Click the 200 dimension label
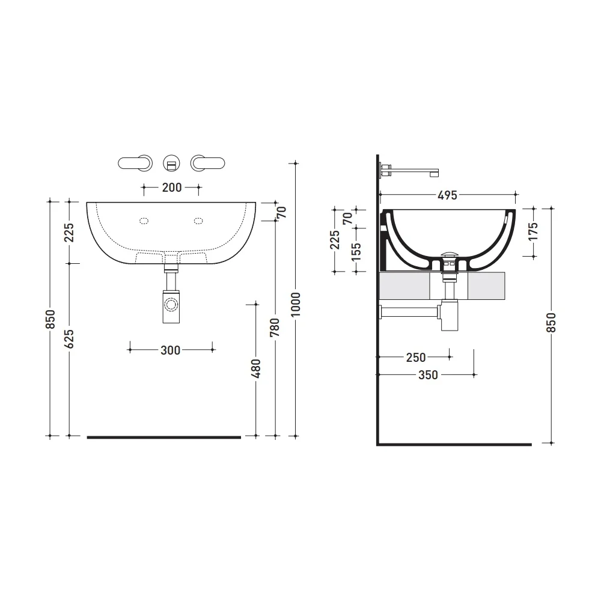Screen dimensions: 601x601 [x=172, y=188]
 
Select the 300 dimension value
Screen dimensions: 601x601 [x=171, y=350]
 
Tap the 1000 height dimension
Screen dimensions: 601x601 [x=296, y=304]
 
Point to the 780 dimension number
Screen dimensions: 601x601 [x=275, y=328]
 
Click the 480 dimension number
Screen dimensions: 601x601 [x=255, y=368]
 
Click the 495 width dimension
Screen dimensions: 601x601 [x=447, y=195]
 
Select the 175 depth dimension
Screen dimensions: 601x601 [x=534, y=231]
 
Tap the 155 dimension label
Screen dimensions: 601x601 [x=356, y=251]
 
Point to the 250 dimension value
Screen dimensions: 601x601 [x=416, y=357]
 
